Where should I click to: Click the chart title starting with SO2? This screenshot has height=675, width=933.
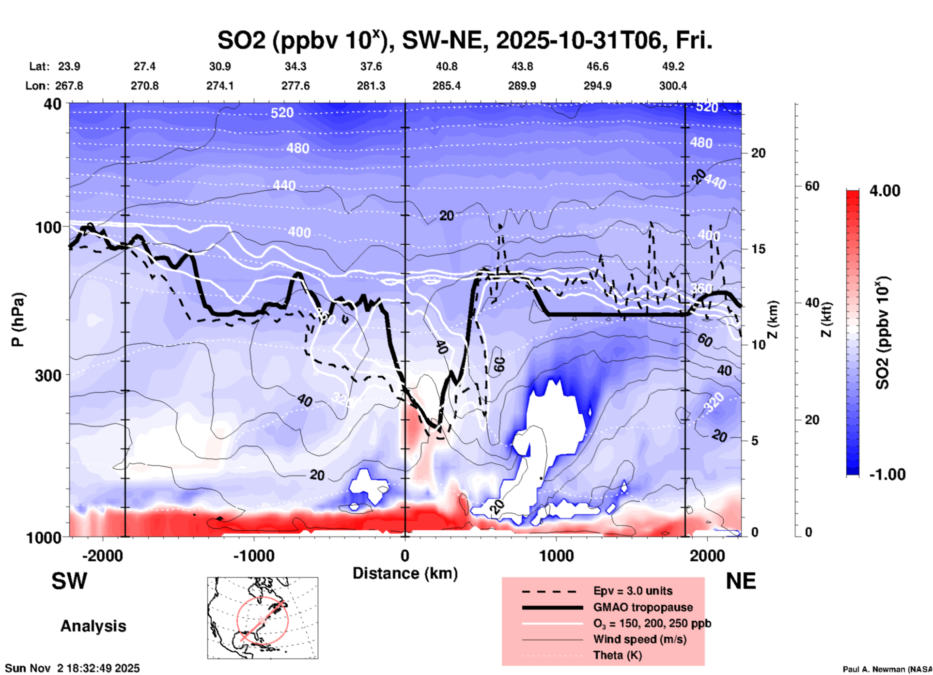tap(465, 40)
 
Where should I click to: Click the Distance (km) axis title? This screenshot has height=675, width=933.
tap(405, 573)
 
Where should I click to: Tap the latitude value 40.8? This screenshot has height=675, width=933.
tap(446, 66)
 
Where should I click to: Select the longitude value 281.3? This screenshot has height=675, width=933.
tap(371, 86)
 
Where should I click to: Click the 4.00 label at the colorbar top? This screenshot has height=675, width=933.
tap(885, 191)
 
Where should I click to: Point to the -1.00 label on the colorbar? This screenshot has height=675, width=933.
tap(886, 475)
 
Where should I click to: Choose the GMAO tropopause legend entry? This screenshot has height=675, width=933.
tap(643, 607)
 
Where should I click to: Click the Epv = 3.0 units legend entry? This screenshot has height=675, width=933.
tap(633, 591)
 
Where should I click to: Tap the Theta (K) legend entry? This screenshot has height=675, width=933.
tap(617, 655)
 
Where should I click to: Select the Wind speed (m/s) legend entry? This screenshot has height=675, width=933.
tap(639, 639)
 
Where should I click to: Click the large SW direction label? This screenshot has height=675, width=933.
tap(69, 581)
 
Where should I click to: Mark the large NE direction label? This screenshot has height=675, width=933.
tap(741, 581)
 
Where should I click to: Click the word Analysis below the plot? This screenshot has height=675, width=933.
tap(93, 626)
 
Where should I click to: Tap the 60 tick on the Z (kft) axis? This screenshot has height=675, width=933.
tap(812, 186)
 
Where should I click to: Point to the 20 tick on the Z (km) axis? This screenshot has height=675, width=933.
tap(758, 153)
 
